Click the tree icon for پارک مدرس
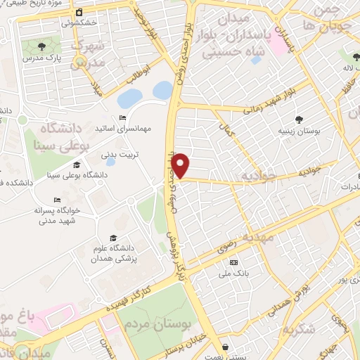(x=42, y=47)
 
